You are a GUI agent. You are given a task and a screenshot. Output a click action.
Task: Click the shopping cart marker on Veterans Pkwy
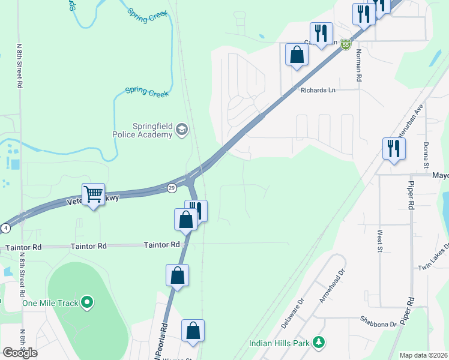pyautogui.click(x=93, y=194)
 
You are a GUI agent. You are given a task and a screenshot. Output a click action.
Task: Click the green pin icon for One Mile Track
pyautogui.click(x=87, y=302)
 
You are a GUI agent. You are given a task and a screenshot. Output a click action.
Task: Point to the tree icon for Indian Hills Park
pyautogui.click(x=320, y=343)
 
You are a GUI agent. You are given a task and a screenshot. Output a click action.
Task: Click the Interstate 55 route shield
pyautogui.click(x=345, y=44)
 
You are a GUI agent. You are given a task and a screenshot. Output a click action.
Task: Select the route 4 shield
pyautogui.click(x=5, y=228)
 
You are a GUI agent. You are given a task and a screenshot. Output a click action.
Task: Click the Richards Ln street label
pyautogui.click(x=318, y=90)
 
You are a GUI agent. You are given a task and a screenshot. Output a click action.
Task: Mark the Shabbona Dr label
pyautogui.click(x=379, y=322)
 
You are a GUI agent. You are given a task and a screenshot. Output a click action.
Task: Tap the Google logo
pyautogui.click(x=20, y=353)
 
